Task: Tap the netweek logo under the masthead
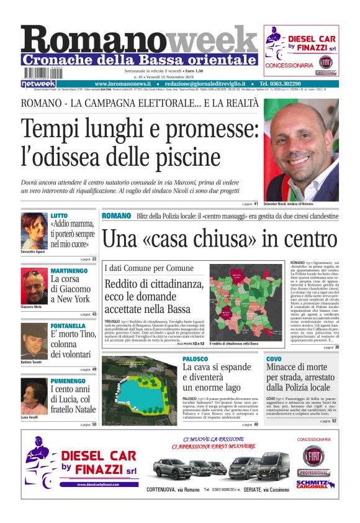(x=38, y=83)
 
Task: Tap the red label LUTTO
(x=60, y=216)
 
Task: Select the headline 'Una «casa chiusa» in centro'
(x=220, y=239)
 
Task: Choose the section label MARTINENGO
(x=69, y=271)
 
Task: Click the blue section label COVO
(x=274, y=359)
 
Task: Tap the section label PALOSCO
(x=196, y=359)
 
